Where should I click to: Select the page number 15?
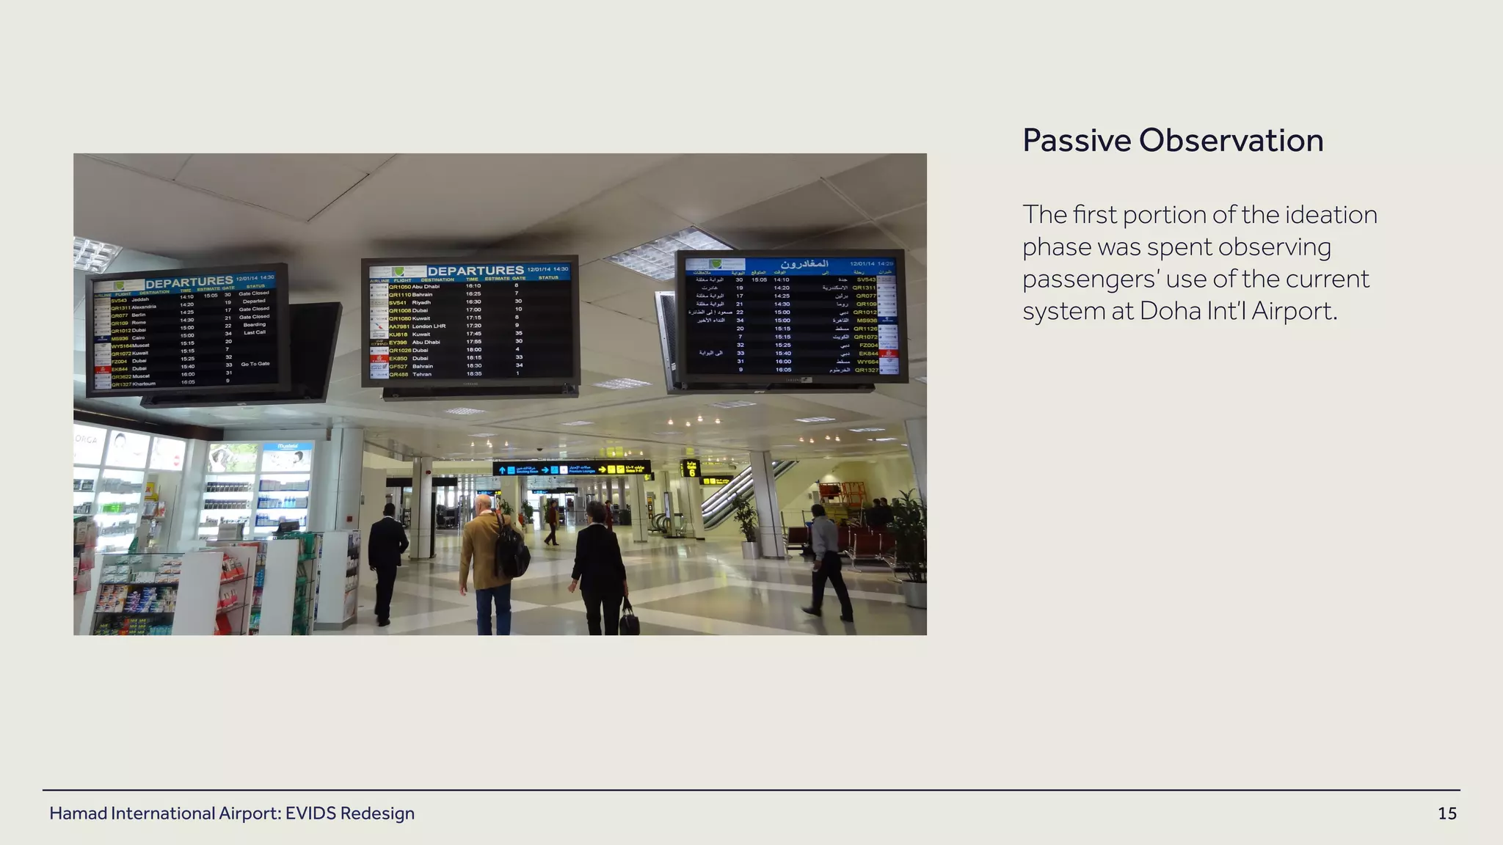[1446, 813]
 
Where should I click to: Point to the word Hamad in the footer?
[78, 813]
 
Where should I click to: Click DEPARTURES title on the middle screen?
[476, 271]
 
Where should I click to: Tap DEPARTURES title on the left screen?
[189, 282]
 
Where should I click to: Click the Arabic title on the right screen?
[804, 263]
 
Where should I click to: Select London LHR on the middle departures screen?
[429, 326]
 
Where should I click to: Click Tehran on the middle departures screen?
[422, 374]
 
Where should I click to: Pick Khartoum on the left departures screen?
[144, 384]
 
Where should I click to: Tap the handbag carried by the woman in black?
[629, 620]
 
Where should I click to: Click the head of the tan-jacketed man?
[482, 504]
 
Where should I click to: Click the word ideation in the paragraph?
[1331, 215]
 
